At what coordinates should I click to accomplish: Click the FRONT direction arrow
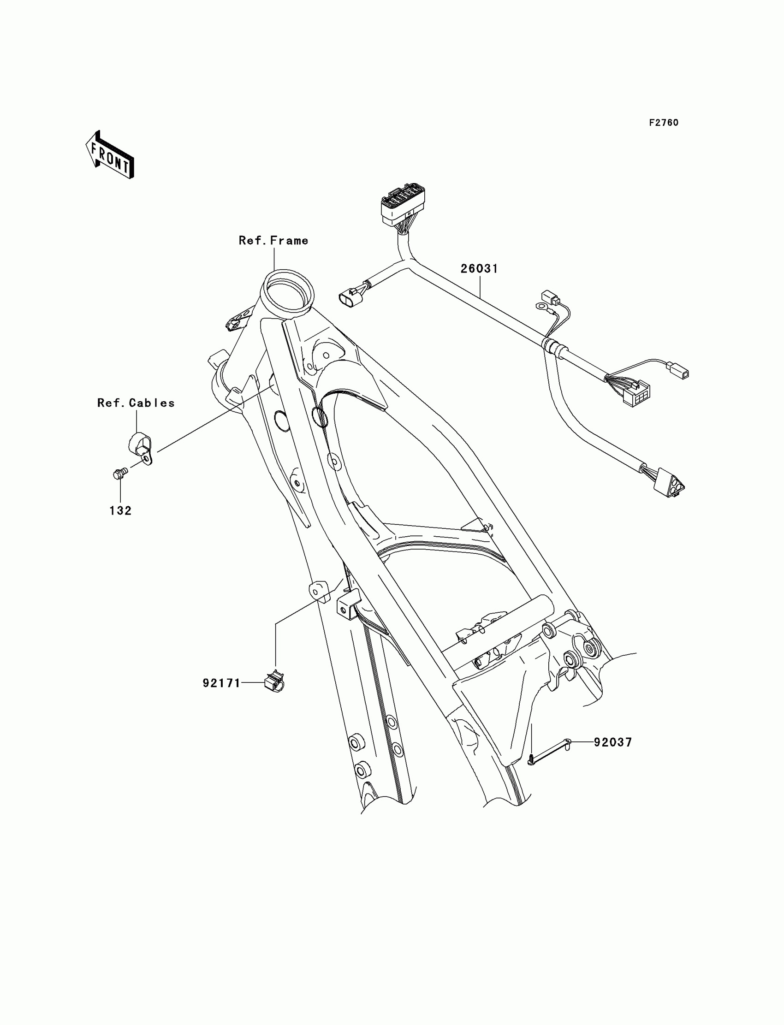click(110, 155)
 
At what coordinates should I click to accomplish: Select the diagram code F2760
click(664, 123)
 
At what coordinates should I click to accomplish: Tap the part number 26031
click(479, 269)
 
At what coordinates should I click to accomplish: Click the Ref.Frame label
click(273, 241)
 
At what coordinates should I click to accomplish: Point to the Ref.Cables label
click(136, 403)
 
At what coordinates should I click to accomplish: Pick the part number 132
click(120, 511)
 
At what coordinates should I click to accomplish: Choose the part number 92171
click(221, 683)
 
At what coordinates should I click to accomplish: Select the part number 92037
click(613, 742)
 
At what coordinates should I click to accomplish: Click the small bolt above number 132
click(119, 474)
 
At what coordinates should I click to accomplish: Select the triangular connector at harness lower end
click(669, 486)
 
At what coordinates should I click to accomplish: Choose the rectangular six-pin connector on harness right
click(637, 393)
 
